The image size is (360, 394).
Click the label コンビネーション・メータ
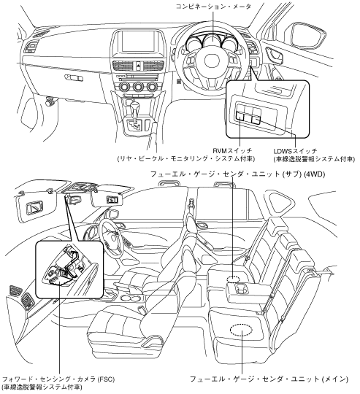[213, 7]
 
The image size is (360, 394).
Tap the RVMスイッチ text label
[232, 151]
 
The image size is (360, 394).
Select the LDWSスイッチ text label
[295, 151]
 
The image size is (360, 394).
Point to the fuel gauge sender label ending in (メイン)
[269, 379]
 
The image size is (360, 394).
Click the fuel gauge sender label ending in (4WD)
[237, 174]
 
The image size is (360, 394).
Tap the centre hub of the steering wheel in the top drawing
[212, 61]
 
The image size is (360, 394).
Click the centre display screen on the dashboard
[138, 42]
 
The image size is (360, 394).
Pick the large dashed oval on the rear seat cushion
[241, 331]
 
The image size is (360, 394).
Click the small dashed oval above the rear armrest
[232, 279]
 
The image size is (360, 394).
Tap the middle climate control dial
[138, 87]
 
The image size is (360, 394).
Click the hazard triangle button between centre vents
[139, 66]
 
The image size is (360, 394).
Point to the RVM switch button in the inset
[240, 115]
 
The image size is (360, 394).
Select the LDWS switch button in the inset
[256, 119]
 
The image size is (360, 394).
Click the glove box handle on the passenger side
[74, 77]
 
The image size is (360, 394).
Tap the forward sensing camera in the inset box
[59, 279]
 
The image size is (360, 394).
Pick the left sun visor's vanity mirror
[34, 207]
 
